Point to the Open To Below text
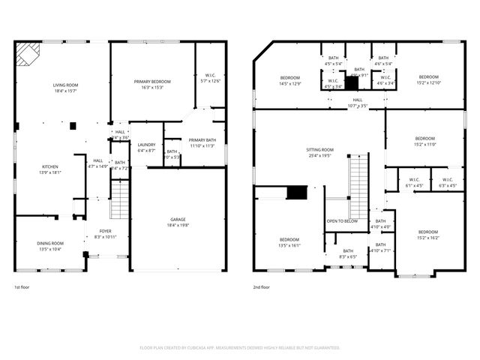[342, 221]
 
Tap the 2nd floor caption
[262, 287]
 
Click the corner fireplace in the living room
[28, 54]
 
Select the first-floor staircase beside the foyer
[120, 199]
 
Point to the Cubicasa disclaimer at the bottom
[240, 348]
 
